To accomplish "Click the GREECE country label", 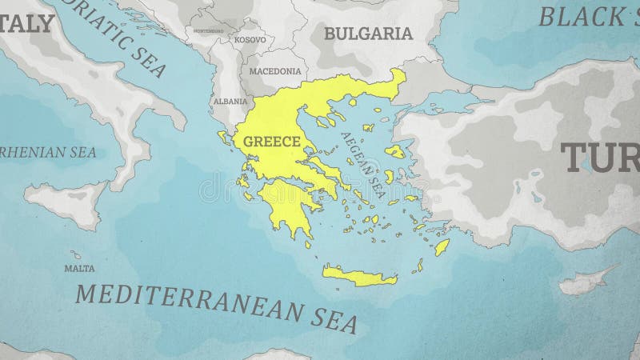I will (x=271, y=142).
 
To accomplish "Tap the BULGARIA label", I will (x=368, y=34).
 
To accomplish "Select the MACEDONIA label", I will (x=274, y=71).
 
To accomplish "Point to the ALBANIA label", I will (x=230, y=102).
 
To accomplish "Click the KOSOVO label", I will (x=250, y=39).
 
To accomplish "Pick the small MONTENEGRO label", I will (x=209, y=31).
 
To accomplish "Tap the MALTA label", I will (x=79, y=268).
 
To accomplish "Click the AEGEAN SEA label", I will (x=363, y=163).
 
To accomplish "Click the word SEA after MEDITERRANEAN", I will (x=333, y=322).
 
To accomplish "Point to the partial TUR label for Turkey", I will (x=600, y=158).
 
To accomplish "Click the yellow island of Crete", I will (x=360, y=277).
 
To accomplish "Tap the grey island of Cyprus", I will (x=584, y=282).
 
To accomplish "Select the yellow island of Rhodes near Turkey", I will (x=442, y=247).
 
